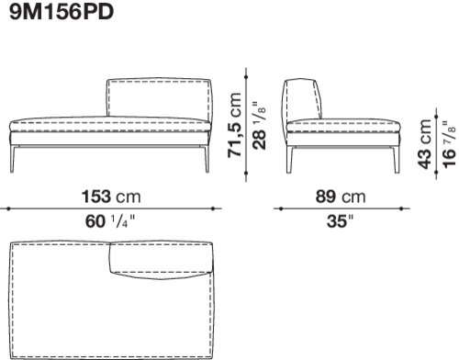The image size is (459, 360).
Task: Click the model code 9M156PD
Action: pyautogui.click(x=62, y=12)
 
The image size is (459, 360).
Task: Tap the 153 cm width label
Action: pyautogui.click(x=111, y=197)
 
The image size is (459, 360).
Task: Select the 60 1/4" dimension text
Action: pyautogui.click(x=110, y=221)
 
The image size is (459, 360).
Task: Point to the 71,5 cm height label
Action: pyautogui.click(x=234, y=125)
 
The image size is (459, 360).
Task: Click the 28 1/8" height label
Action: pyautogui.click(x=259, y=125)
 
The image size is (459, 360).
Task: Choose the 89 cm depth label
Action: pyautogui.click(x=341, y=197)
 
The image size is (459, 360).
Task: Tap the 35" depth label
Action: pyautogui.click(x=340, y=221)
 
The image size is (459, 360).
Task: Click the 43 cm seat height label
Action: pyautogui.click(x=424, y=144)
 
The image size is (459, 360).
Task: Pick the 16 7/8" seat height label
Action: pyautogui.click(x=449, y=144)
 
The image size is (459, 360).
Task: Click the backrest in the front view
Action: pyautogui.click(x=159, y=98)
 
